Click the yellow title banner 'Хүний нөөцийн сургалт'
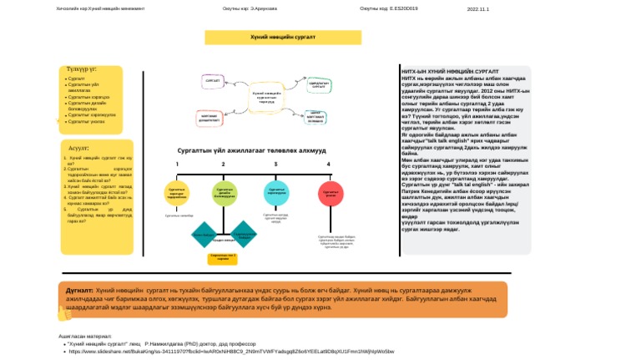(283, 38)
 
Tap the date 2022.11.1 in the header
(478, 9)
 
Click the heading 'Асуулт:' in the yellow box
(79, 148)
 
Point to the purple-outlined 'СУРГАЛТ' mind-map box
(213, 82)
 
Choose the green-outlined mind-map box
(317, 84)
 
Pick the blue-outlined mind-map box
(315, 118)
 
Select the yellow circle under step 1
(177, 192)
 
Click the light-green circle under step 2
(224, 192)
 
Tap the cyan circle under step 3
(275, 192)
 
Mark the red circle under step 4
(330, 192)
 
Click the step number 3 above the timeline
(275, 165)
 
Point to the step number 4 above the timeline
(329, 165)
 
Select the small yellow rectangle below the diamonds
(223, 257)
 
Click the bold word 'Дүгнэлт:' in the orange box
(79, 290)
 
